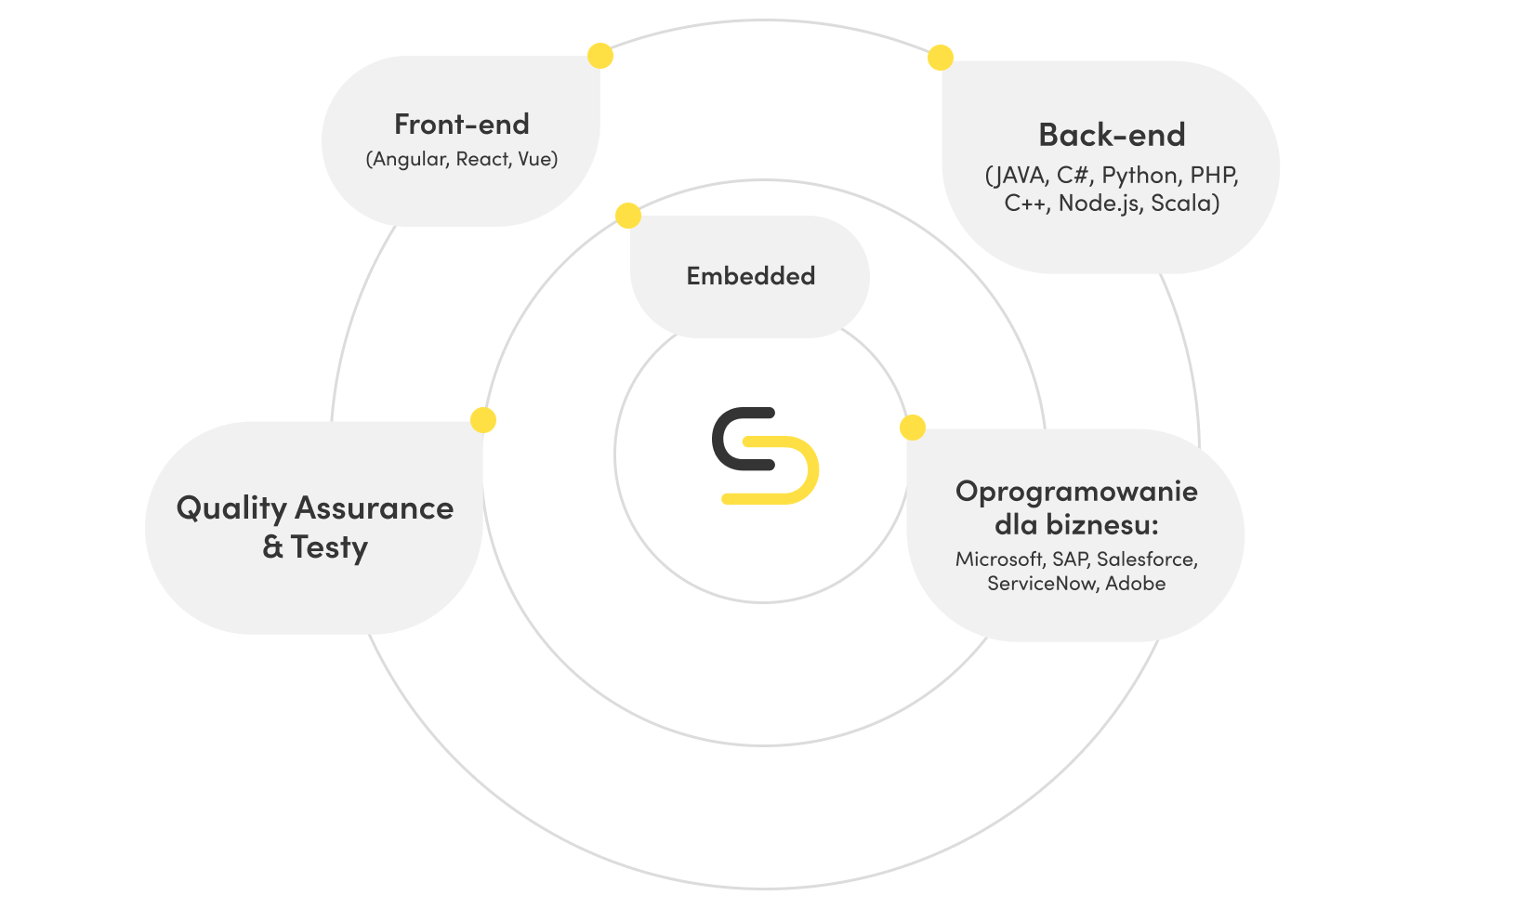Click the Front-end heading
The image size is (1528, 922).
click(x=461, y=125)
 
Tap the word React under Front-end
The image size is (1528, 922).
click(x=482, y=159)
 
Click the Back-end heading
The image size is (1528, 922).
click(x=1112, y=136)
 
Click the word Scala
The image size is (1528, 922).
click(x=1182, y=204)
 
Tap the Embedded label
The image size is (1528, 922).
click(x=750, y=276)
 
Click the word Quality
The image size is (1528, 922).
click(x=231, y=509)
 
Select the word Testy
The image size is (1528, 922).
click(x=329, y=547)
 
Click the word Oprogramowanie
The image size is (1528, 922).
click(x=1076, y=491)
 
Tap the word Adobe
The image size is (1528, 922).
click(x=1135, y=584)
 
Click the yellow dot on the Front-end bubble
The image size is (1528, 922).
click(x=600, y=56)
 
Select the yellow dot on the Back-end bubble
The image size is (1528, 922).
click(x=941, y=58)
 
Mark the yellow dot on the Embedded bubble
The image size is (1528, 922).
click(x=628, y=216)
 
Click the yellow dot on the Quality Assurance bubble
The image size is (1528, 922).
click(x=483, y=420)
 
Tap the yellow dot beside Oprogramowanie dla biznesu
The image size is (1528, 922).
click(x=913, y=428)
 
